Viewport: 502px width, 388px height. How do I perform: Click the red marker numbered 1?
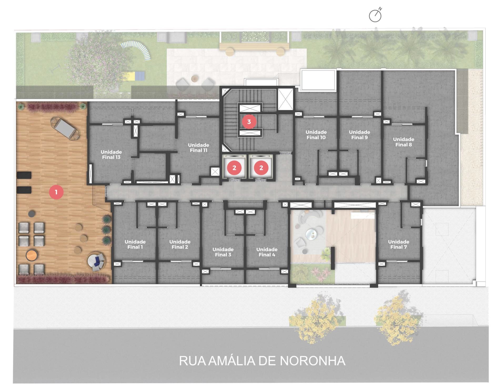coord(56,192)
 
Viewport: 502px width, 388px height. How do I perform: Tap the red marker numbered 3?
coord(249,122)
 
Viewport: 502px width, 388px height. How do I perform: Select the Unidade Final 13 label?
coord(111,154)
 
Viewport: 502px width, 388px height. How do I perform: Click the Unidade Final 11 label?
coord(198,148)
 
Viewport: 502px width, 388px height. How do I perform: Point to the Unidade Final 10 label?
coord(316,135)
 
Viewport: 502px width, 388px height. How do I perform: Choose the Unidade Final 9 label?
coord(359,135)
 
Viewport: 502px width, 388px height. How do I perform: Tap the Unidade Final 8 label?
coord(403,142)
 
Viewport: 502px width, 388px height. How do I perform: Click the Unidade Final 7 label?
coord(398,244)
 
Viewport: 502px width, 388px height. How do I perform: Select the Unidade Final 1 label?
coord(135,244)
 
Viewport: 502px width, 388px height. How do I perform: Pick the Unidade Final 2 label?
coord(180,244)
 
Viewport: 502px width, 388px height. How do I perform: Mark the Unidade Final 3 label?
coord(223,252)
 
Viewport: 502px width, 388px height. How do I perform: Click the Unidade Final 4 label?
coord(267,252)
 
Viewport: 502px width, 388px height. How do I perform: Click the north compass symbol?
coord(375,15)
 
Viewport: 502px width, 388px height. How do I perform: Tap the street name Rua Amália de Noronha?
coord(262,361)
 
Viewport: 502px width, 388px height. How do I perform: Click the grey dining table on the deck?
coord(66,128)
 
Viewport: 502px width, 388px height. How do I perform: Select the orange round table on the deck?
coord(32,255)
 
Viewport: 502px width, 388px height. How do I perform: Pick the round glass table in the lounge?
coord(311,235)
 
